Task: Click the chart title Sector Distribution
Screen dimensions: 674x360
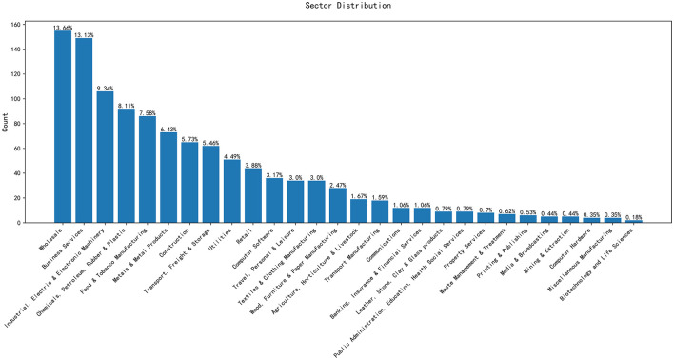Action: coord(348,6)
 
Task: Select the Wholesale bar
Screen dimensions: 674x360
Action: coord(63,127)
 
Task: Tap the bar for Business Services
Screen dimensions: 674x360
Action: coord(84,130)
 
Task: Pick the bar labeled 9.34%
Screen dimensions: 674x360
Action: coord(105,157)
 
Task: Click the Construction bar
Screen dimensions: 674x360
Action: coord(189,182)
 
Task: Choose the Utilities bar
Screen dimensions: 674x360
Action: coord(232,191)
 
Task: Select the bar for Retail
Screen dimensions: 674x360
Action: coord(253,195)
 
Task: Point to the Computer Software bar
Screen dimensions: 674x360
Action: coord(274,200)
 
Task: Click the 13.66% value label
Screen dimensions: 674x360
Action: coord(63,28)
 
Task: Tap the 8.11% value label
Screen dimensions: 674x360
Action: coord(127,106)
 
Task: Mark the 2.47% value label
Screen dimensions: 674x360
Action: coord(338,186)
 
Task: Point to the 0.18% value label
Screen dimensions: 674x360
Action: coord(634,218)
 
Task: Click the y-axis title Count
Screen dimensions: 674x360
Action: coord(5,122)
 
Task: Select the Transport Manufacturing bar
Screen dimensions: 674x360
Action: coord(380,211)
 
